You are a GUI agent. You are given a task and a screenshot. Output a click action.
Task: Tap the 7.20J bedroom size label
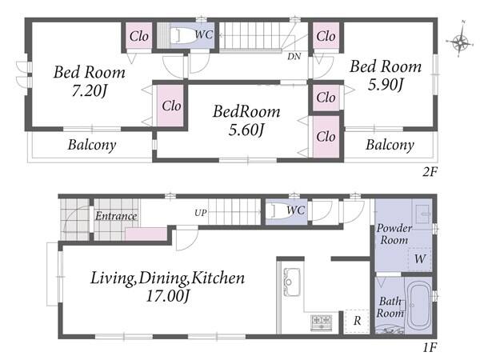pyautogui.click(x=90, y=90)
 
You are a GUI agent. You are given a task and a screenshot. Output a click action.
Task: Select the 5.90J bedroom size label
pyautogui.click(x=386, y=85)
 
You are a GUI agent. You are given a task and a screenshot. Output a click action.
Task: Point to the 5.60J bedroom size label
pyautogui.click(x=246, y=130)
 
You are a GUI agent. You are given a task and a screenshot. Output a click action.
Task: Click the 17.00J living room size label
pyautogui.click(x=169, y=296)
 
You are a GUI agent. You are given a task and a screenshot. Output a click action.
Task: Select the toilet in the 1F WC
pyautogui.click(x=278, y=210)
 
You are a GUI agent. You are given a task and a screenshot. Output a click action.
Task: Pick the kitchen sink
pyautogui.click(x=292, y=282)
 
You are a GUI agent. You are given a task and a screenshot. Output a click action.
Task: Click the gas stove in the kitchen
pyautogui.click(x=321, y=322)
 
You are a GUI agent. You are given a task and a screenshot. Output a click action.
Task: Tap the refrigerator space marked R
pyautogui.click(x=357, y=322)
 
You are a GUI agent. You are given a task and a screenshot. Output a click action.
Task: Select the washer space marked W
pyautogui.click(x=420, y=259)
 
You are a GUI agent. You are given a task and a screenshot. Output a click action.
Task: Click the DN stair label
pyautogui.click(x=294, y=56)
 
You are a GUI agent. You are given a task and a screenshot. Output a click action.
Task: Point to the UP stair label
pyautogui.click(x=201, y=213)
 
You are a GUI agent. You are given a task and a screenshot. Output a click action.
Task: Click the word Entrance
pyautogui.click(x=116, y=216)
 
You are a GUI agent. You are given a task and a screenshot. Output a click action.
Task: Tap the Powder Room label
pyautogui.click(x=394, y=234)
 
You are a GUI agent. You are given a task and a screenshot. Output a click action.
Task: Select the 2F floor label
pyautogui.click(x=430, y=173)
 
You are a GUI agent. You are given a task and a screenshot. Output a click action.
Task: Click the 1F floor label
pyautogui.click(x=430, y=347)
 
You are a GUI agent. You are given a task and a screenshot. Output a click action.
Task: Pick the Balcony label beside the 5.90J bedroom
pyautogui.click(x=390, y=145)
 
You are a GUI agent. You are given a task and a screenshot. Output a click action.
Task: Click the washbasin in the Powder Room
pyautogui.click(x=423, y=211)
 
